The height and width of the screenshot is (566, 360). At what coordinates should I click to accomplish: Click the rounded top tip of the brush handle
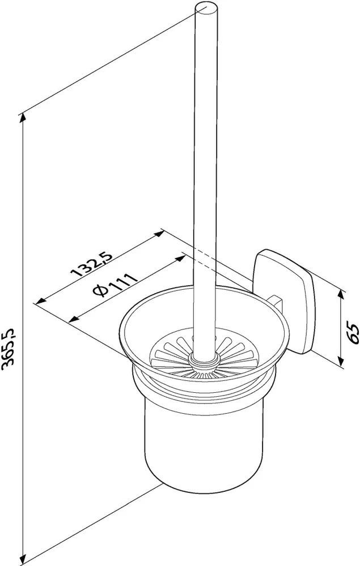click(x=206, y=8)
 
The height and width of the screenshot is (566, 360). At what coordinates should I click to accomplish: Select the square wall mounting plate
click(x=284, y=301)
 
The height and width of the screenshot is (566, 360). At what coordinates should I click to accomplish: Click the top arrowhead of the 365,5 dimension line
click(x=23, y=118)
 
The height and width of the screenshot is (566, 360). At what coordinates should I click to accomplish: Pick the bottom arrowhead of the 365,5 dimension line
click(x=24, y=560)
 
